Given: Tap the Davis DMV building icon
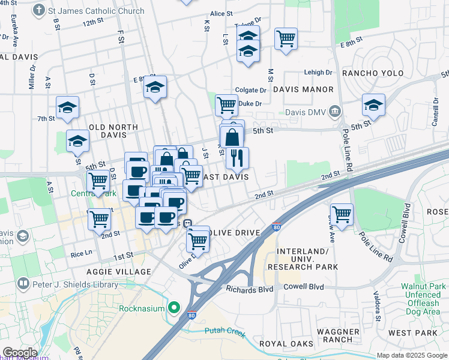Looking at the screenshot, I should pos(335,110).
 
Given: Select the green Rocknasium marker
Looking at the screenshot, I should pos(175,308).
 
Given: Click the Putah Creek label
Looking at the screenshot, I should pos(225,331).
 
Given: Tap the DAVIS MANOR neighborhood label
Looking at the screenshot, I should pos(303,89).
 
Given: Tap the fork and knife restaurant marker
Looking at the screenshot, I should pos(238,158).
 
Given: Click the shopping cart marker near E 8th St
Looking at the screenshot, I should pos(286,39).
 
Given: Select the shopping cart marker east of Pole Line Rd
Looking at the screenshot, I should pos(342,214).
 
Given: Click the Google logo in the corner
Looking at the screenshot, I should pos(20,353).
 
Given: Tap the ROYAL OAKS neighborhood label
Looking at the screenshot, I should pos(286,343).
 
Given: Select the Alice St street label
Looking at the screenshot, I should pos(221,13).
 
